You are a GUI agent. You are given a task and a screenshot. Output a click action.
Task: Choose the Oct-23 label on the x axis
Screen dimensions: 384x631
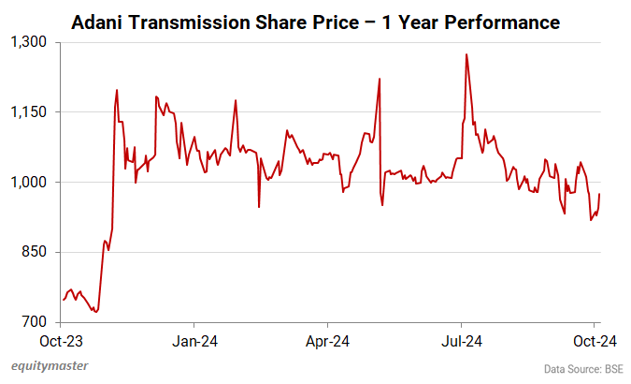click(64, 340)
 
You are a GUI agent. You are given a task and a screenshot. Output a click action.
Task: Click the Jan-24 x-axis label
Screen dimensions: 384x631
click(196, 340)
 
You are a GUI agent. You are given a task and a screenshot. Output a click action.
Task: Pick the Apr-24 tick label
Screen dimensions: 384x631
click(329, 340)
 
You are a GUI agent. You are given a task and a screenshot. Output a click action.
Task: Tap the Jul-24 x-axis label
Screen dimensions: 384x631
click(462, 340)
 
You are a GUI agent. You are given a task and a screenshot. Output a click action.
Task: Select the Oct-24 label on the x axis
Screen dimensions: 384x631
click(594, 340)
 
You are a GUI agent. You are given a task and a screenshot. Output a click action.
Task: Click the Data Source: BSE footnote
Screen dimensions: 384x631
click(582, 368)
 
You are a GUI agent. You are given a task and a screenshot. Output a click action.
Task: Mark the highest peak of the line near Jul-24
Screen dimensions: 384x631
click(466, 54)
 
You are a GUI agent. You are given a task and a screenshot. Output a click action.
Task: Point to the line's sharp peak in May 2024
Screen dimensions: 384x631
click(380, 79)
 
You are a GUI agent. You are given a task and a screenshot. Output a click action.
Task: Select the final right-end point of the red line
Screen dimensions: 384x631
click(600, 194)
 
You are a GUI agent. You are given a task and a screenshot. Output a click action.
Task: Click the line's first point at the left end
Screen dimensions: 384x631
click(63, 300)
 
